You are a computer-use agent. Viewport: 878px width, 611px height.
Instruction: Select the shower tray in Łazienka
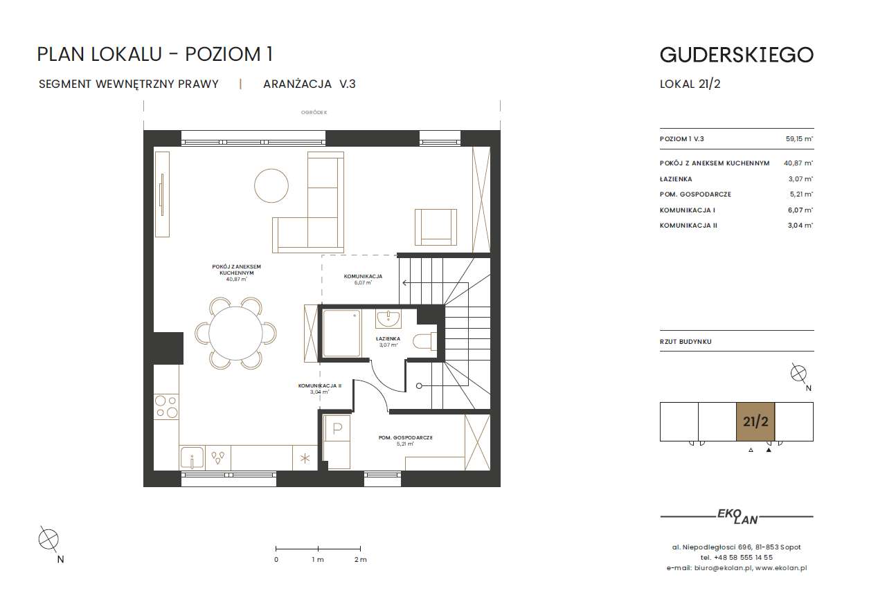point(341,334)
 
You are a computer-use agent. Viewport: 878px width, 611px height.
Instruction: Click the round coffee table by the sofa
point(271,185)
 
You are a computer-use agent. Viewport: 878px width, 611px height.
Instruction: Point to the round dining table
point(235,334)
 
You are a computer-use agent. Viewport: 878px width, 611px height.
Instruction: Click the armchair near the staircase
point(436,227)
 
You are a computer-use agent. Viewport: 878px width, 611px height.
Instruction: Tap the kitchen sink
point(192,458)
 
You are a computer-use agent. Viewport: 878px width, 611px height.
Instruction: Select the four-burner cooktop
point(166,407)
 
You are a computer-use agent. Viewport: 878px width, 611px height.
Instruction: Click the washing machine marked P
point(337,428)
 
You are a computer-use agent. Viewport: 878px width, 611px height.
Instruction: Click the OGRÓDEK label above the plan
point(314,112)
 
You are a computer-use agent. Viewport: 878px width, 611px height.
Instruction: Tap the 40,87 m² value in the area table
point(798,163)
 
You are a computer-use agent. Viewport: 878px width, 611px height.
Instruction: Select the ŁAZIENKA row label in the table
point(676,179)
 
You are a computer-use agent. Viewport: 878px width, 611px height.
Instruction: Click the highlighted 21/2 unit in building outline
point(755,421)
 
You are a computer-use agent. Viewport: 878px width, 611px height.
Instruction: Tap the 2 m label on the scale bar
point(361,559)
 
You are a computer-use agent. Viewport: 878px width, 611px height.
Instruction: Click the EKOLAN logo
point(737,517)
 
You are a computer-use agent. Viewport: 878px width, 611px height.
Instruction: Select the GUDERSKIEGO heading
point(737,55)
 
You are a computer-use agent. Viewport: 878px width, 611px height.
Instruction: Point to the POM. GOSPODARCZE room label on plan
point(405,437)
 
